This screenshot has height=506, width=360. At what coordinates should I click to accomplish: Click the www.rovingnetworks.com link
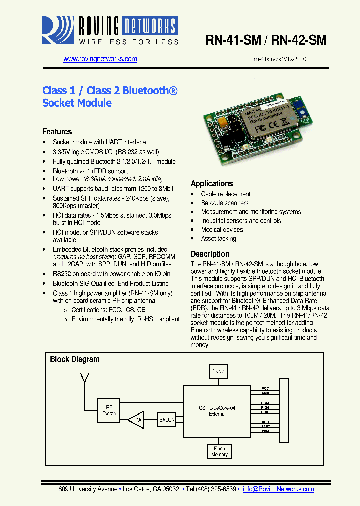point(100,59)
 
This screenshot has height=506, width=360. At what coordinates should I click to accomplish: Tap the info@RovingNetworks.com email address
point(278,489)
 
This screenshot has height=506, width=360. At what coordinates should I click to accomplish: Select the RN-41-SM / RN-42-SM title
point(266,41)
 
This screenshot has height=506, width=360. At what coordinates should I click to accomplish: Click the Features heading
point(57,132)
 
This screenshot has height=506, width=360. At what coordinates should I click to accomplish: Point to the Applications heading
point(212,184)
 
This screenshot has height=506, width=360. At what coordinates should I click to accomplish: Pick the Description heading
point(210,254)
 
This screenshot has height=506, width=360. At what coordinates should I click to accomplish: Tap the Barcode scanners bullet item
point(224,203)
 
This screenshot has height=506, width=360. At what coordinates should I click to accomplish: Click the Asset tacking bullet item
point(218,238)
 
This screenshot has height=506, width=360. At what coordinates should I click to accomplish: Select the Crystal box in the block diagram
point(218,372)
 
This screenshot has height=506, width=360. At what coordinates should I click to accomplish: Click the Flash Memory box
point(219,451)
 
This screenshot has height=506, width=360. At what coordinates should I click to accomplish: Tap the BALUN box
point(167,420)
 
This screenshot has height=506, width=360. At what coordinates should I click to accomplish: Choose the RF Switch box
point(109,410)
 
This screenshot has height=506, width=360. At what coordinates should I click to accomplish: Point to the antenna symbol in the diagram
point(84,378)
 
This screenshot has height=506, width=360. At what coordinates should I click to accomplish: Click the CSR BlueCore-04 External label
point(217,411)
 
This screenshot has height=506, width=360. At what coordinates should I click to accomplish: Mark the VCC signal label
point(265,388)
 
